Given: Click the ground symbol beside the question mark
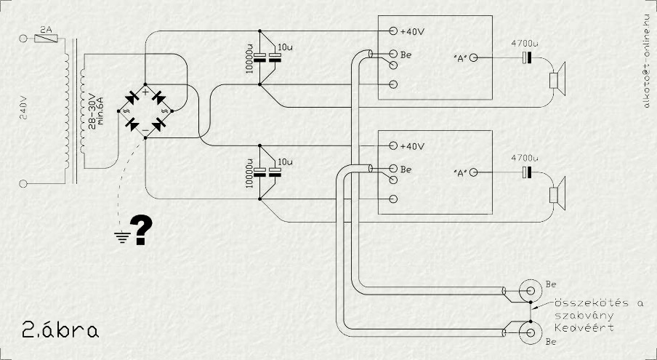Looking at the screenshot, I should pos(121,235).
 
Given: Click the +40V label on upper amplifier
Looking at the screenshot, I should pos(412,32).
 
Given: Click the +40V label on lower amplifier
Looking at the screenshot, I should pos(412,145).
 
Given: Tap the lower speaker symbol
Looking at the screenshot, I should pos(557,195).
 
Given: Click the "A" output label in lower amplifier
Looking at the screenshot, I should pos(459,172).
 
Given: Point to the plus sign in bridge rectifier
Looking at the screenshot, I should pos(145,92).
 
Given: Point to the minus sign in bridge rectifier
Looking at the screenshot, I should pos(145,128).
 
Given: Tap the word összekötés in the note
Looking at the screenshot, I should pos(579,302).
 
